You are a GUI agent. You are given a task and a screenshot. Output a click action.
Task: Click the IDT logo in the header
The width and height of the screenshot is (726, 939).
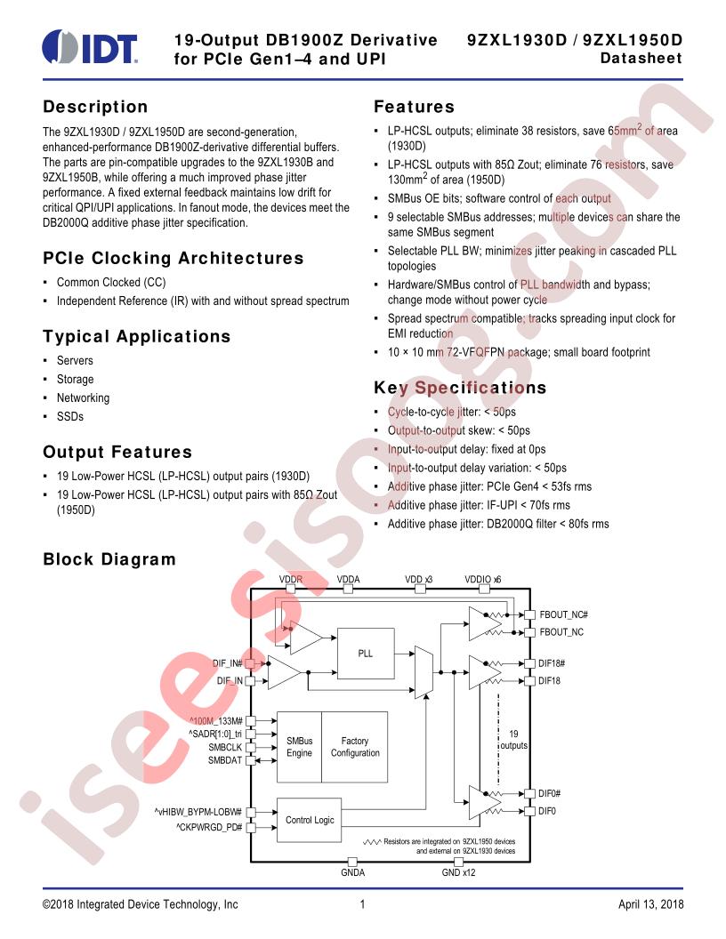pos(90,46)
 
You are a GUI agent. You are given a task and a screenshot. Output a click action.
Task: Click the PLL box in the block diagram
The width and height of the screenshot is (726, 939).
pos(366,653)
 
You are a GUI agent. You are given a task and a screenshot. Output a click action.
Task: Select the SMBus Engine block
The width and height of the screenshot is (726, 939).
pos(300,747)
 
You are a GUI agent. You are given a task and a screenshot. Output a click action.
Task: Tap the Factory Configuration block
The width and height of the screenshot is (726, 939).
pos(355,747)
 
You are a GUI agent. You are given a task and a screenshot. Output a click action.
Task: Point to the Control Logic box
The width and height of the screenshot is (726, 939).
pos(309,820)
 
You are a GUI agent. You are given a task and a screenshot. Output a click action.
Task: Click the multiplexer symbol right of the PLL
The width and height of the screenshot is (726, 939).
pos(423,672)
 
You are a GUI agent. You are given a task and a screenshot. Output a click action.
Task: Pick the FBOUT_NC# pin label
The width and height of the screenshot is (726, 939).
pos(564,614)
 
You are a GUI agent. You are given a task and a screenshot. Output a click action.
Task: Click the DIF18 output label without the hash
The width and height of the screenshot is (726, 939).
pos(549,681)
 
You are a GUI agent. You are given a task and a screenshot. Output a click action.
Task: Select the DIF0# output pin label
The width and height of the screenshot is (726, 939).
pos(549,793)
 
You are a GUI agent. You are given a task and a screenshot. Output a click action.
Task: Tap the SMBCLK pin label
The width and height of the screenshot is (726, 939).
pos(225,747)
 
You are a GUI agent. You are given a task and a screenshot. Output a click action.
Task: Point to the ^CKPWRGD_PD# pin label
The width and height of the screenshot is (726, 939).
pos(209,827)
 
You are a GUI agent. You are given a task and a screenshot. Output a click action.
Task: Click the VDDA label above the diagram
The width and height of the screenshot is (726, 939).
pos(348,579)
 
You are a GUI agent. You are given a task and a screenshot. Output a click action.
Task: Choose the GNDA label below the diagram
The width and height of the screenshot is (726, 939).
pos(353,872)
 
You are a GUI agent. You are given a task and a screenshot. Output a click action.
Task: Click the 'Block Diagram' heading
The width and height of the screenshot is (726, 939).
pos(109,559)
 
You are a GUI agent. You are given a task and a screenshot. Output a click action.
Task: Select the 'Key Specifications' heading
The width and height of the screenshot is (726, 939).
pos(460,388)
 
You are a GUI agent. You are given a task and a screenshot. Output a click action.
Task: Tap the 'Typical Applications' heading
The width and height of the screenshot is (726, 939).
pos(137,336)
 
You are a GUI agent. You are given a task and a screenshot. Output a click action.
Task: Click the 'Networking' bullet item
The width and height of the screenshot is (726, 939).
pos(84,397)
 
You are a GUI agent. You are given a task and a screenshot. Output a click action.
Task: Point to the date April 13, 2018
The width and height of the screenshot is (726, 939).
pos(650,904)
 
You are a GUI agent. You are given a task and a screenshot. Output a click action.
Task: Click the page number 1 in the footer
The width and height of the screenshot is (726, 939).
pos(362,904)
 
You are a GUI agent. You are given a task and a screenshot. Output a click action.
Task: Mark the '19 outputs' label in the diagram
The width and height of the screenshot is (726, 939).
pos(514,740)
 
